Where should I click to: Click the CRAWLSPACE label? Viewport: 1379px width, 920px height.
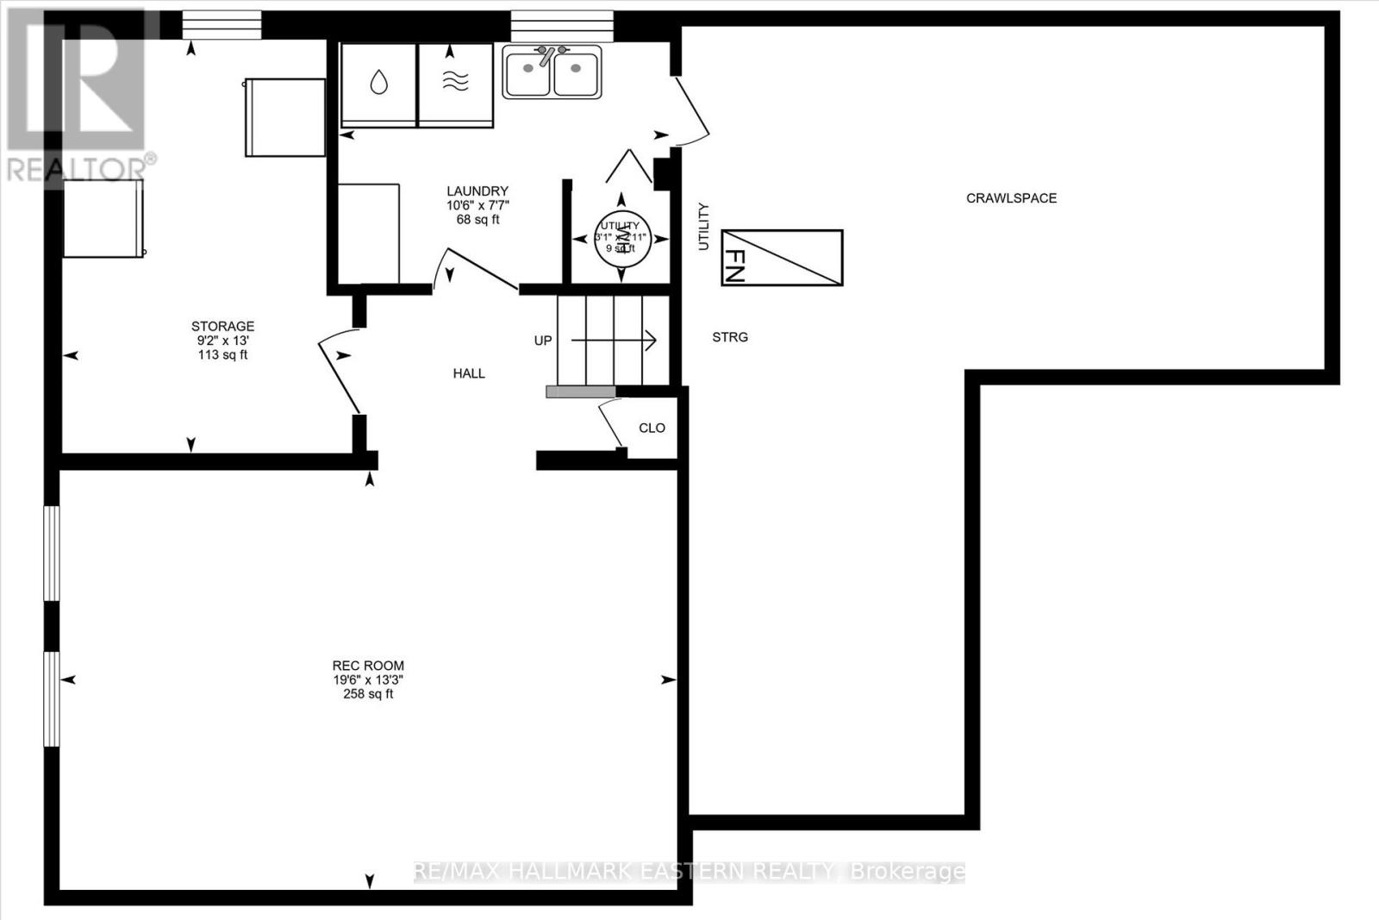pyautogui.click(x=1011, y=197)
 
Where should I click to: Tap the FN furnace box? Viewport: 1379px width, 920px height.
pyautogui.click(x=782, y=257)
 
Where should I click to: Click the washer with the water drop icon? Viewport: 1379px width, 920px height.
pyautogui.click(x=378, y=84)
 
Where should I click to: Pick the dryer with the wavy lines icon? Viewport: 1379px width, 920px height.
pyautogui.click(x=456, y=84)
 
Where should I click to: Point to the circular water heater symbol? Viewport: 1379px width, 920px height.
pyautogui.click(x=621, y=239)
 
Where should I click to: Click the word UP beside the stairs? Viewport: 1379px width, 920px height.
pyautogui.click(x=543, y=341)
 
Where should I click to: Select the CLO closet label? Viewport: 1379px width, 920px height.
pyautogui.click(x=652, y=428)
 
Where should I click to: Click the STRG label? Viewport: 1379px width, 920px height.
pyautogui.click(x=730, y=337)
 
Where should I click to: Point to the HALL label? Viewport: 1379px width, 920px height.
pyautogui.click(x=469, y=373)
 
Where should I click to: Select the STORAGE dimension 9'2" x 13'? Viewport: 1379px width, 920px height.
pyautogui.click(x=222, y=341)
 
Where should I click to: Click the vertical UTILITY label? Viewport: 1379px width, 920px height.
pyautogui.click(x=703, y=226)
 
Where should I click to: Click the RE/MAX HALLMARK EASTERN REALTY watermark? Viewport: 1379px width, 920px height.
pyautogui.click(x=689, y=872)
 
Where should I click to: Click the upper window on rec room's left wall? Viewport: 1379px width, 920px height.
pyautogui.click(x=53, y=553)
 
